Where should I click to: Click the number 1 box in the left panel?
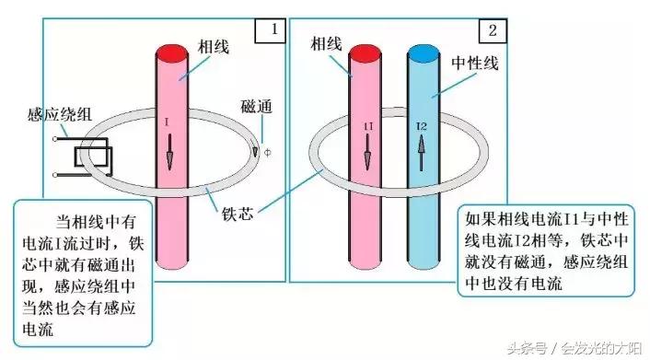coord(273,29)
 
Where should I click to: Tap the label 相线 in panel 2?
coord(327,43)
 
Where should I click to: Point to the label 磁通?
coord(255,106)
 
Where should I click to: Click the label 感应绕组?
coord(58,117)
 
